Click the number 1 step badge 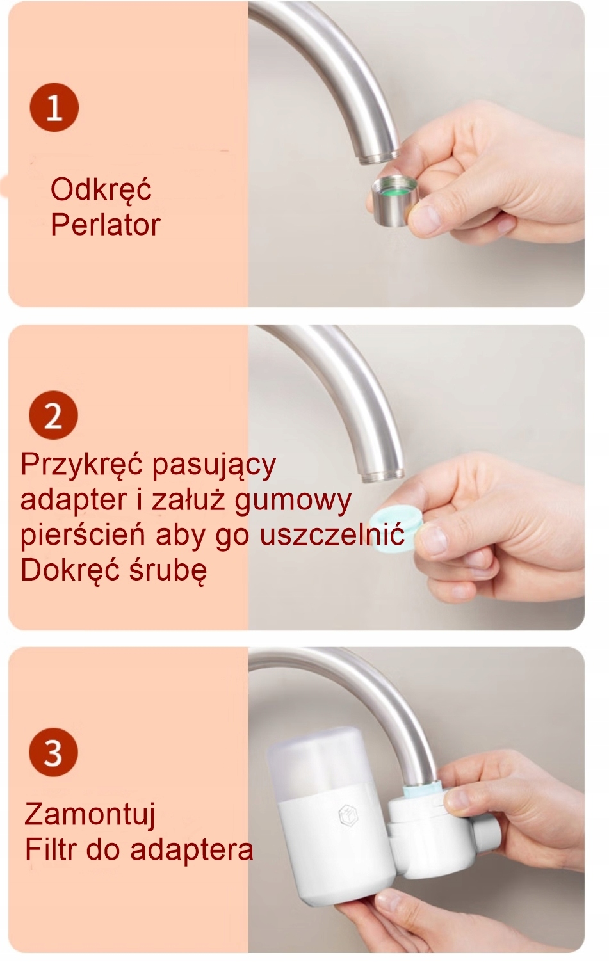tap(54, 108)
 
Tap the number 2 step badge tap(53, 415)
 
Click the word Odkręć tap(101, 190)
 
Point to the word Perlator tap(106, 224)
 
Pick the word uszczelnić tap(332, 534)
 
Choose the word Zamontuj tap(90, 815)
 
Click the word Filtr tap(51, 849)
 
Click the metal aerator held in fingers tap(394, 200)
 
